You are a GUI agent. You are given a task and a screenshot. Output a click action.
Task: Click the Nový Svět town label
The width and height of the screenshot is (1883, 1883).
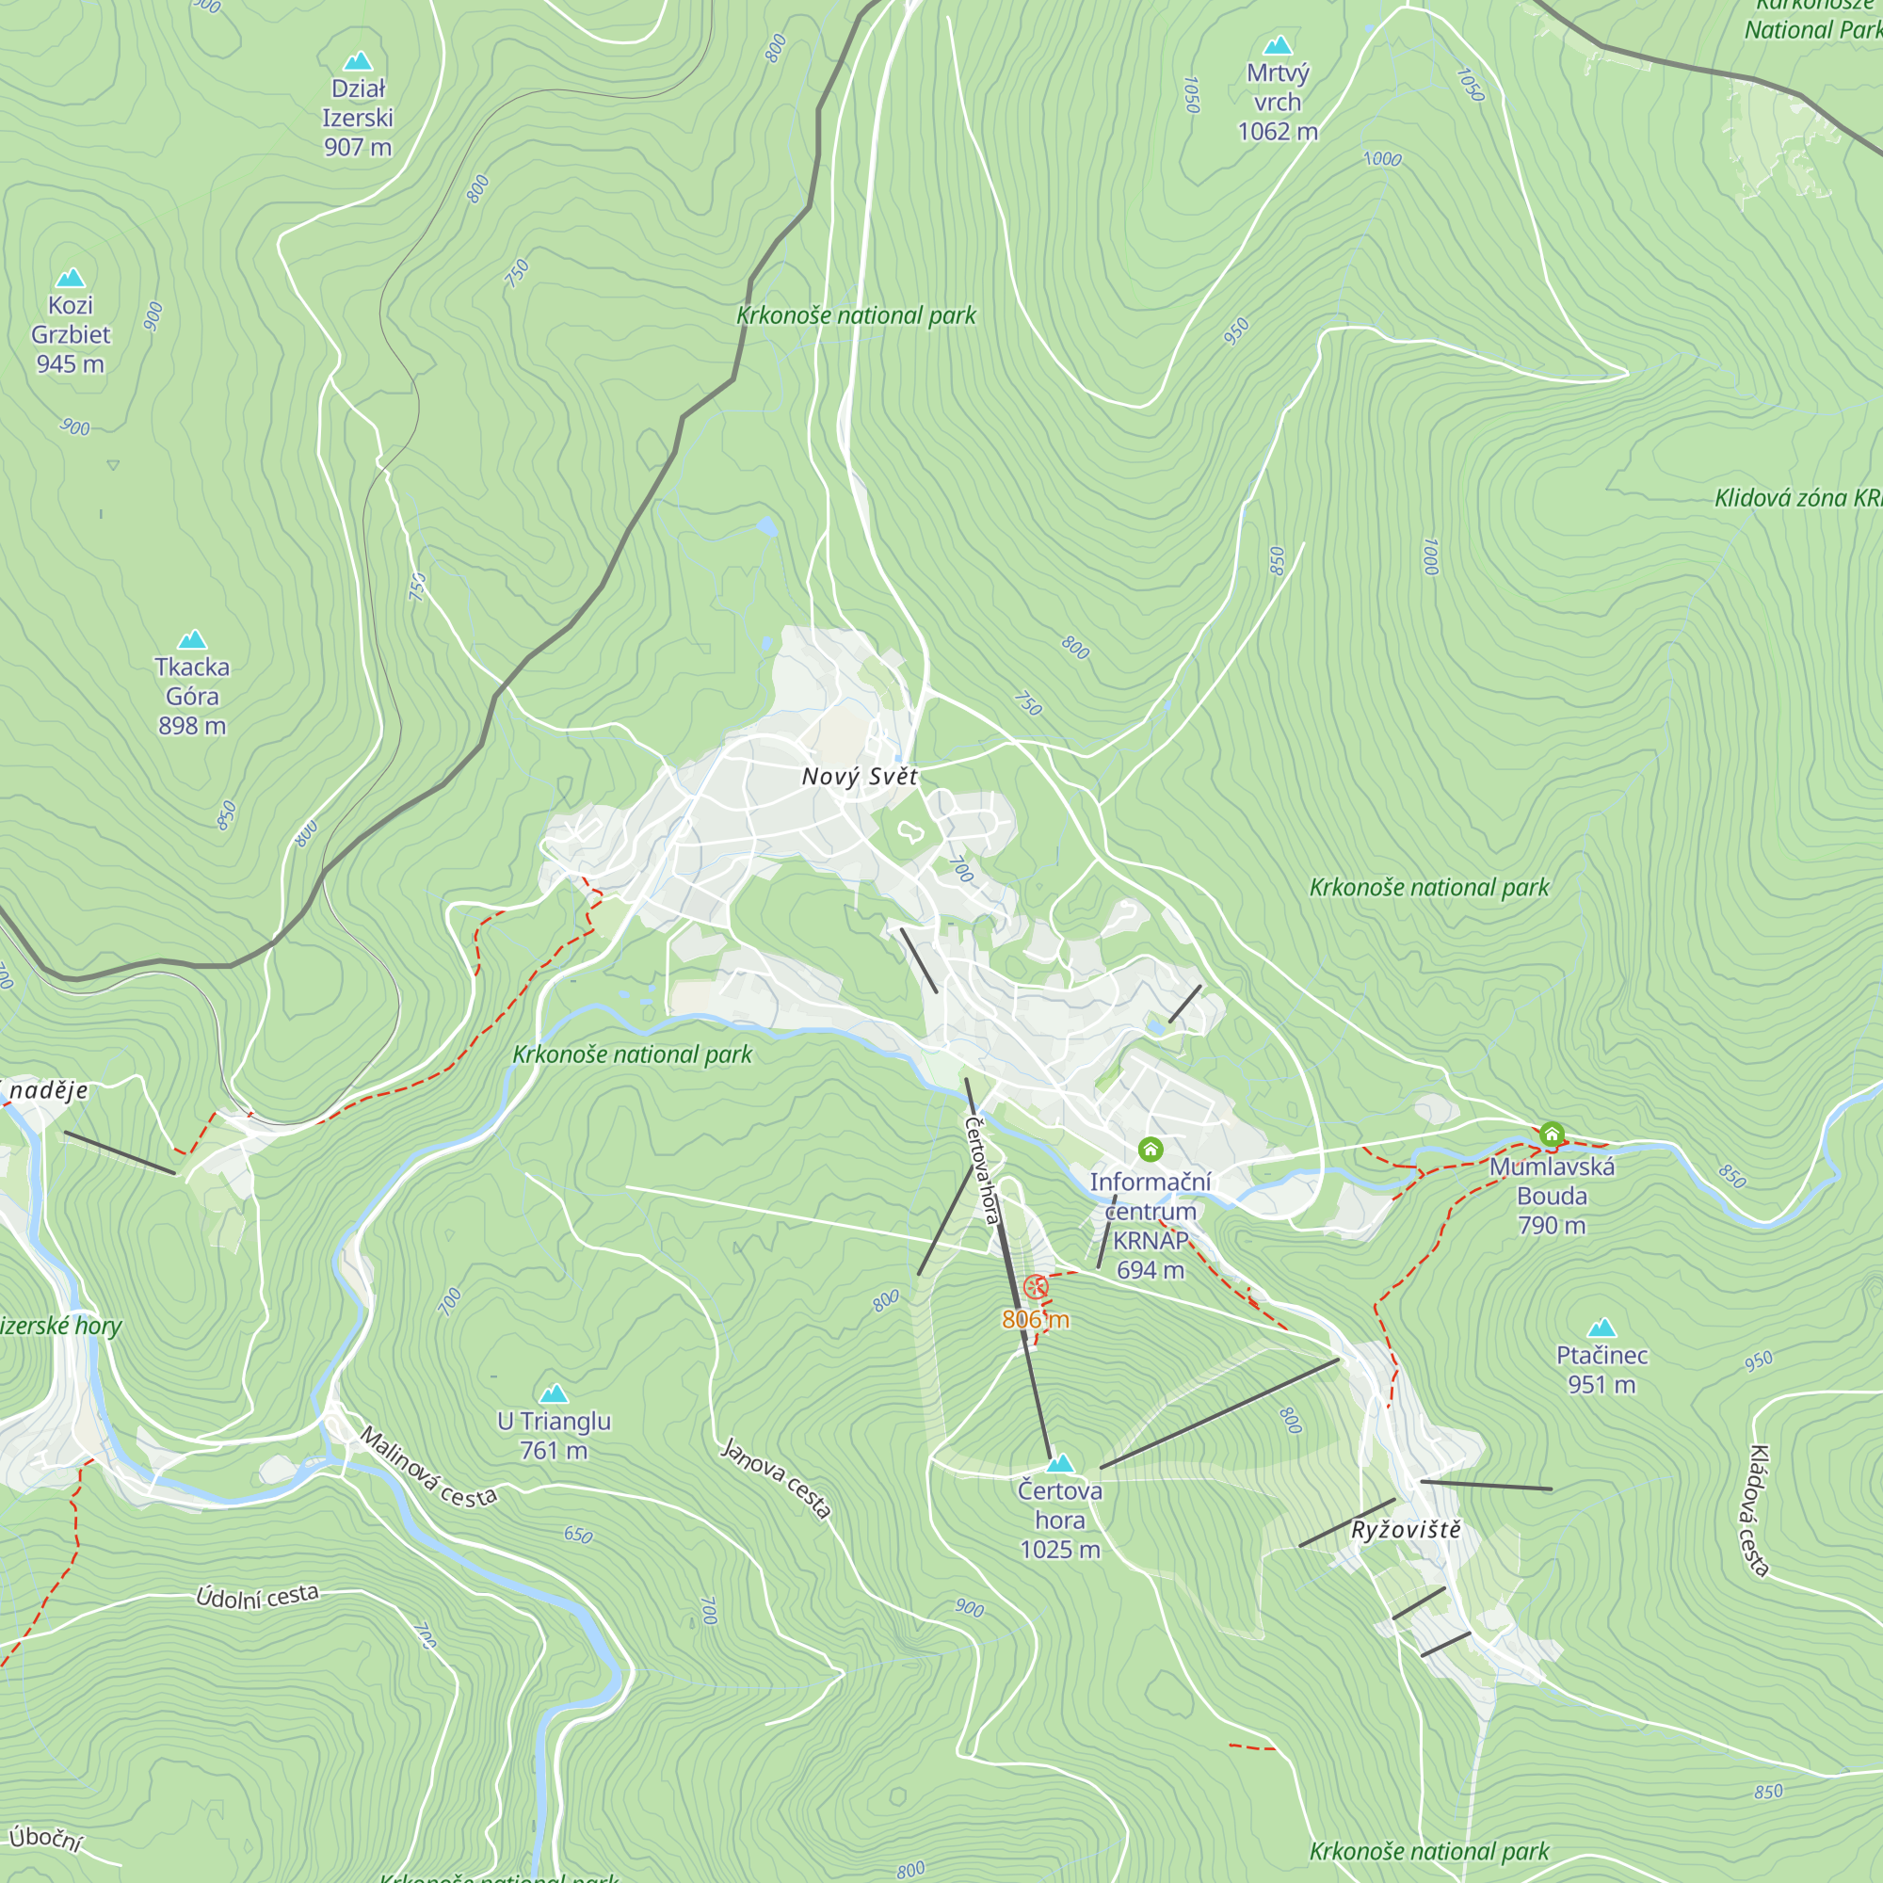coord(859,777)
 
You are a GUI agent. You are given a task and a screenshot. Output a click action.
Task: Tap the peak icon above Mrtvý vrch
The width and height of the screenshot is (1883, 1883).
coord(1277,46)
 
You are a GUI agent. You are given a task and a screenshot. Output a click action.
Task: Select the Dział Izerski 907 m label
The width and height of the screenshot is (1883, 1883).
coord(358,118)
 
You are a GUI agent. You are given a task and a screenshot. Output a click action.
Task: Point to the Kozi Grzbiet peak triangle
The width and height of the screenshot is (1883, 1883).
coord(71,279)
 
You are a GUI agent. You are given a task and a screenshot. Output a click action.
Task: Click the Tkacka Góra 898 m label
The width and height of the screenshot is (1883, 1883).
coord(192,696)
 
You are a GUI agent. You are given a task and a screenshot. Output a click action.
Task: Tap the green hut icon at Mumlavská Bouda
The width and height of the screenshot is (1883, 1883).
coord(1552,1135)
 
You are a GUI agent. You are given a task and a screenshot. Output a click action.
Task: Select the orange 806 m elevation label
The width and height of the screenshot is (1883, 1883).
coord(1035,1320)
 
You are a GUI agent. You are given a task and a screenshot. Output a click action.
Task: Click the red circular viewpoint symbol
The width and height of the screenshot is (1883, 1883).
coord(1036,1287)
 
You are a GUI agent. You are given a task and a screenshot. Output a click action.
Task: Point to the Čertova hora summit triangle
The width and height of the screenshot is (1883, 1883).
coord(1059,1463)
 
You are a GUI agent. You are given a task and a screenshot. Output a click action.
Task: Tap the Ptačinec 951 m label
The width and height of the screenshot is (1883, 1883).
coord(1601,1369)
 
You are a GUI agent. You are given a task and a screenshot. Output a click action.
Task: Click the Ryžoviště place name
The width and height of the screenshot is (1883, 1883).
coord(1406,1530)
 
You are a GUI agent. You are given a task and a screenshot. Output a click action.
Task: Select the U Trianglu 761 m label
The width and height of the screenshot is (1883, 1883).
coord(554,1436)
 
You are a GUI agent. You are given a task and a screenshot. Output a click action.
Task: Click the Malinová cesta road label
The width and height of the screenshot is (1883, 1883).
coord(427,1468)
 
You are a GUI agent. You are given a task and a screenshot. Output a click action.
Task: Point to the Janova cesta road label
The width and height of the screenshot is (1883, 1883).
coord(776,1477)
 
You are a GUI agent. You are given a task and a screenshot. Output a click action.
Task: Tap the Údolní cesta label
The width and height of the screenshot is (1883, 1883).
coord(257,1597)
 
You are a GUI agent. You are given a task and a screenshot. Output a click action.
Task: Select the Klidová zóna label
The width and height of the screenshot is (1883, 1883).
coord(1796,498)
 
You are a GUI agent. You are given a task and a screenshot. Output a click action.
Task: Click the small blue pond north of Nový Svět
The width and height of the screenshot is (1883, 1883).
coord(767,527)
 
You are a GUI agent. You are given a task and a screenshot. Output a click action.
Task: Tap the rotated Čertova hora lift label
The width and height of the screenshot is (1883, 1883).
coord(982,1169)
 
